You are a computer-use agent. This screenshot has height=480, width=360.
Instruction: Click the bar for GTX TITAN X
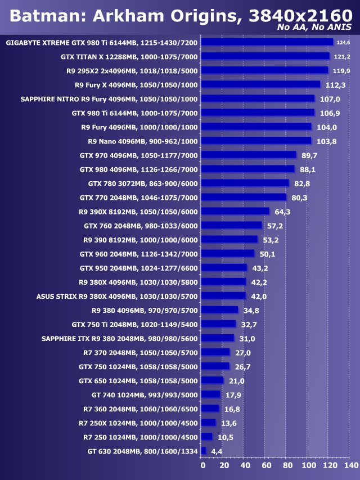(265, 56)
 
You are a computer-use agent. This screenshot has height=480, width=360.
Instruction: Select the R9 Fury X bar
(260, 84)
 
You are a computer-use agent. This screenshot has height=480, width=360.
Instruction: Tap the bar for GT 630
(204, 451)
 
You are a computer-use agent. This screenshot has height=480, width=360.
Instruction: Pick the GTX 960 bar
(228, 253)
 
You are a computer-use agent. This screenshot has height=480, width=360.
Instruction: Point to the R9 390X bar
(235, 211)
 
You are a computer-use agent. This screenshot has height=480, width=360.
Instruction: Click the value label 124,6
(343, 42)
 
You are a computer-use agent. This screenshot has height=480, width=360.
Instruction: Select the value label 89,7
(309, 155)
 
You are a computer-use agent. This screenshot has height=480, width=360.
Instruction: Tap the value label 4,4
(217, 451)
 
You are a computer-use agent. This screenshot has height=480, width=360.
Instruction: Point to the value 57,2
(276, 225)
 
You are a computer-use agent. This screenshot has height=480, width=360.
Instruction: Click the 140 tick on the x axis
(350, 466)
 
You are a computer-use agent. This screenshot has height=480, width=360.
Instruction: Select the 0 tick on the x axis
(203, 466)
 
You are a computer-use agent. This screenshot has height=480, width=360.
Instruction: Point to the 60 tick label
(265, 466)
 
